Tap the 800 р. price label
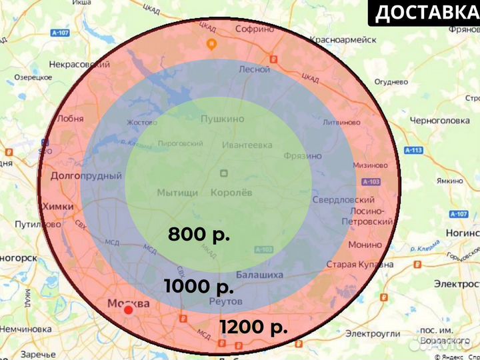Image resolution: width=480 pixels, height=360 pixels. tap(199, 235)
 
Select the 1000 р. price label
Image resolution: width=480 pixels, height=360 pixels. tap(199, 287)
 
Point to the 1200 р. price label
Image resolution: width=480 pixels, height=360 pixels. tap(253, 327)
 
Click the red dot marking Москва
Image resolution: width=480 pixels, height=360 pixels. tap(129, 310)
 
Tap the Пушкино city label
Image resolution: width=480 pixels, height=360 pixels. tap(222, 119)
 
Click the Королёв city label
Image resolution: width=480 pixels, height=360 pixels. tap(231, 193)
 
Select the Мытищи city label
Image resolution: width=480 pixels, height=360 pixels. tap(177, 193)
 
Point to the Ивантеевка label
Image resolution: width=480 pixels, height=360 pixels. tap(247, 145)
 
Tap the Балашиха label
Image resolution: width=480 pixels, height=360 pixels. tap(259, 275)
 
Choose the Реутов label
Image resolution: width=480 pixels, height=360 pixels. tap(225, 301)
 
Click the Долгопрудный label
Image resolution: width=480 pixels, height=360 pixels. tap(86, 176)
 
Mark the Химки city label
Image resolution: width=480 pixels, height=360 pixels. tap(58, 207)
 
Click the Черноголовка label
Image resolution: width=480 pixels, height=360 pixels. tap(441, 121)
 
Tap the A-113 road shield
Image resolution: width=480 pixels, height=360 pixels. tap(413, 151)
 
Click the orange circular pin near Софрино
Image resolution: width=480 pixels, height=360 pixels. tap(211, 45)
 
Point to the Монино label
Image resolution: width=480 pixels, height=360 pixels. tap(365, 245)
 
